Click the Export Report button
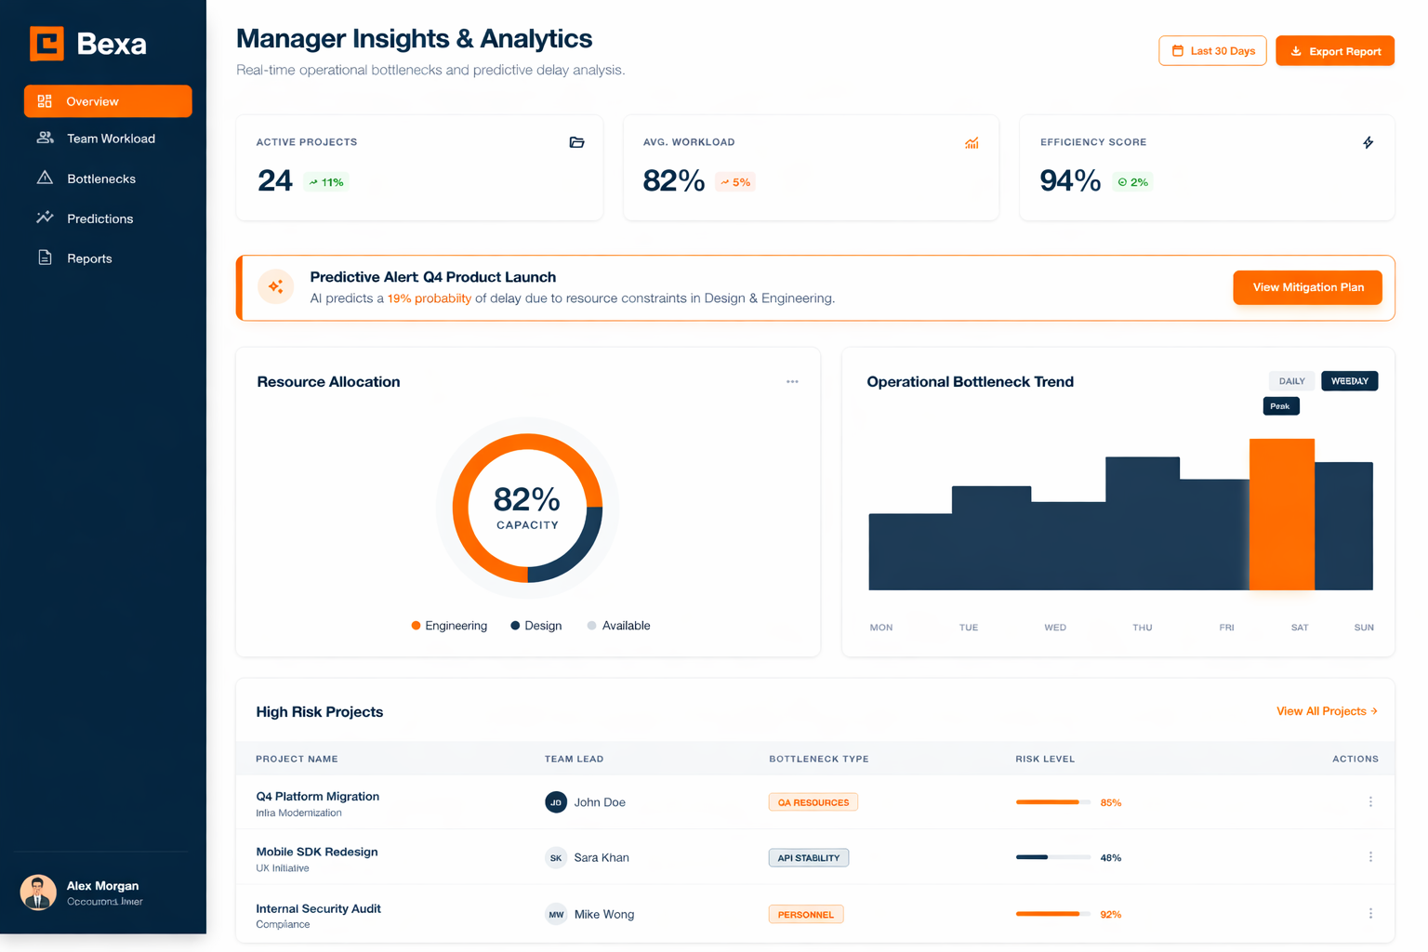[x=1334, y=51]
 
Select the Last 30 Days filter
[x=1212, y=51]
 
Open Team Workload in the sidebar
[x=110, y=139]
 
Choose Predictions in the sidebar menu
[x=99, y=218]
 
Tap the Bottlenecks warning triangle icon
[x=45, y=178]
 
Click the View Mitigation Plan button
[x=1307, y=287]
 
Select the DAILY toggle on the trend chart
[x=1291, y=381]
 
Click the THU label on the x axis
[x=1142, y=628]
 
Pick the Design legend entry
[x=536, y=626]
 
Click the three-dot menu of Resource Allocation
[x=792, y=382]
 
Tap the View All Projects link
[x=1326, y=711]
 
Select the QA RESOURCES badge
[x=813, y=802]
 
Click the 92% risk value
[x=1110, y=915]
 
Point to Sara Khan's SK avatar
[x=556, y=858]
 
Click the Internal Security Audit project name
[x=318, y=908]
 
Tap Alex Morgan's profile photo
[x=38, y=892]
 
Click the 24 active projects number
[x=274, y=180]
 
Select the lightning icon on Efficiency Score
[x=1368, y=142]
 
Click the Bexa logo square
[x=46, y=44]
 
